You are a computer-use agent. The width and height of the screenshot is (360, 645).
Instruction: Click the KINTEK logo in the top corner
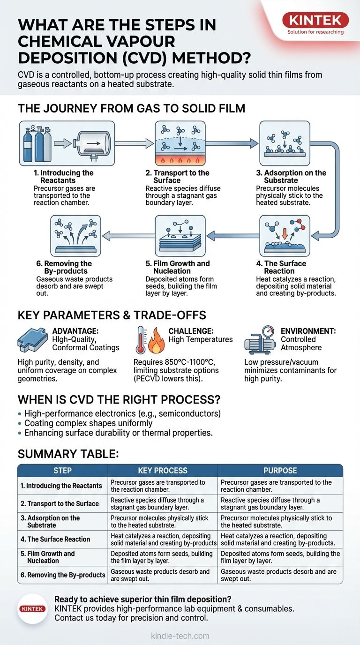tap(315, 20)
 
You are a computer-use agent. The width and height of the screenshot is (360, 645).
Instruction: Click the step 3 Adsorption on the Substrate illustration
tap(285, 143)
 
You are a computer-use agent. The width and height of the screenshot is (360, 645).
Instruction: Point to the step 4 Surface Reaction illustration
tap(285, 233)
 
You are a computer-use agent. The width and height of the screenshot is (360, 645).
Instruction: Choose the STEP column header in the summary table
tap(62, 471)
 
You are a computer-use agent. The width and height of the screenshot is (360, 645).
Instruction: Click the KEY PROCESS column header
tap(162, 471)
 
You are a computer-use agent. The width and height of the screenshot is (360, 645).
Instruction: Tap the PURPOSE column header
tap(280, 471)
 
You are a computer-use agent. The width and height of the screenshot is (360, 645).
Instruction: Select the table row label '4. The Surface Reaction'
tap(55, 539)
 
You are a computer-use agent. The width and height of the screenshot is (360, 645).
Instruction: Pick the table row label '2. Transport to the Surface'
tap(60, 503)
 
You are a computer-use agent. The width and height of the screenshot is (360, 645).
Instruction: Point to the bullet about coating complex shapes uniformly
tap(89, 423)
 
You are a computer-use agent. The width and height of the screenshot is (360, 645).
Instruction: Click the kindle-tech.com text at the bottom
tap(180, 636)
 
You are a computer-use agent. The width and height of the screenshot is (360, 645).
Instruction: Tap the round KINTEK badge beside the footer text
tap(33, 609)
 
